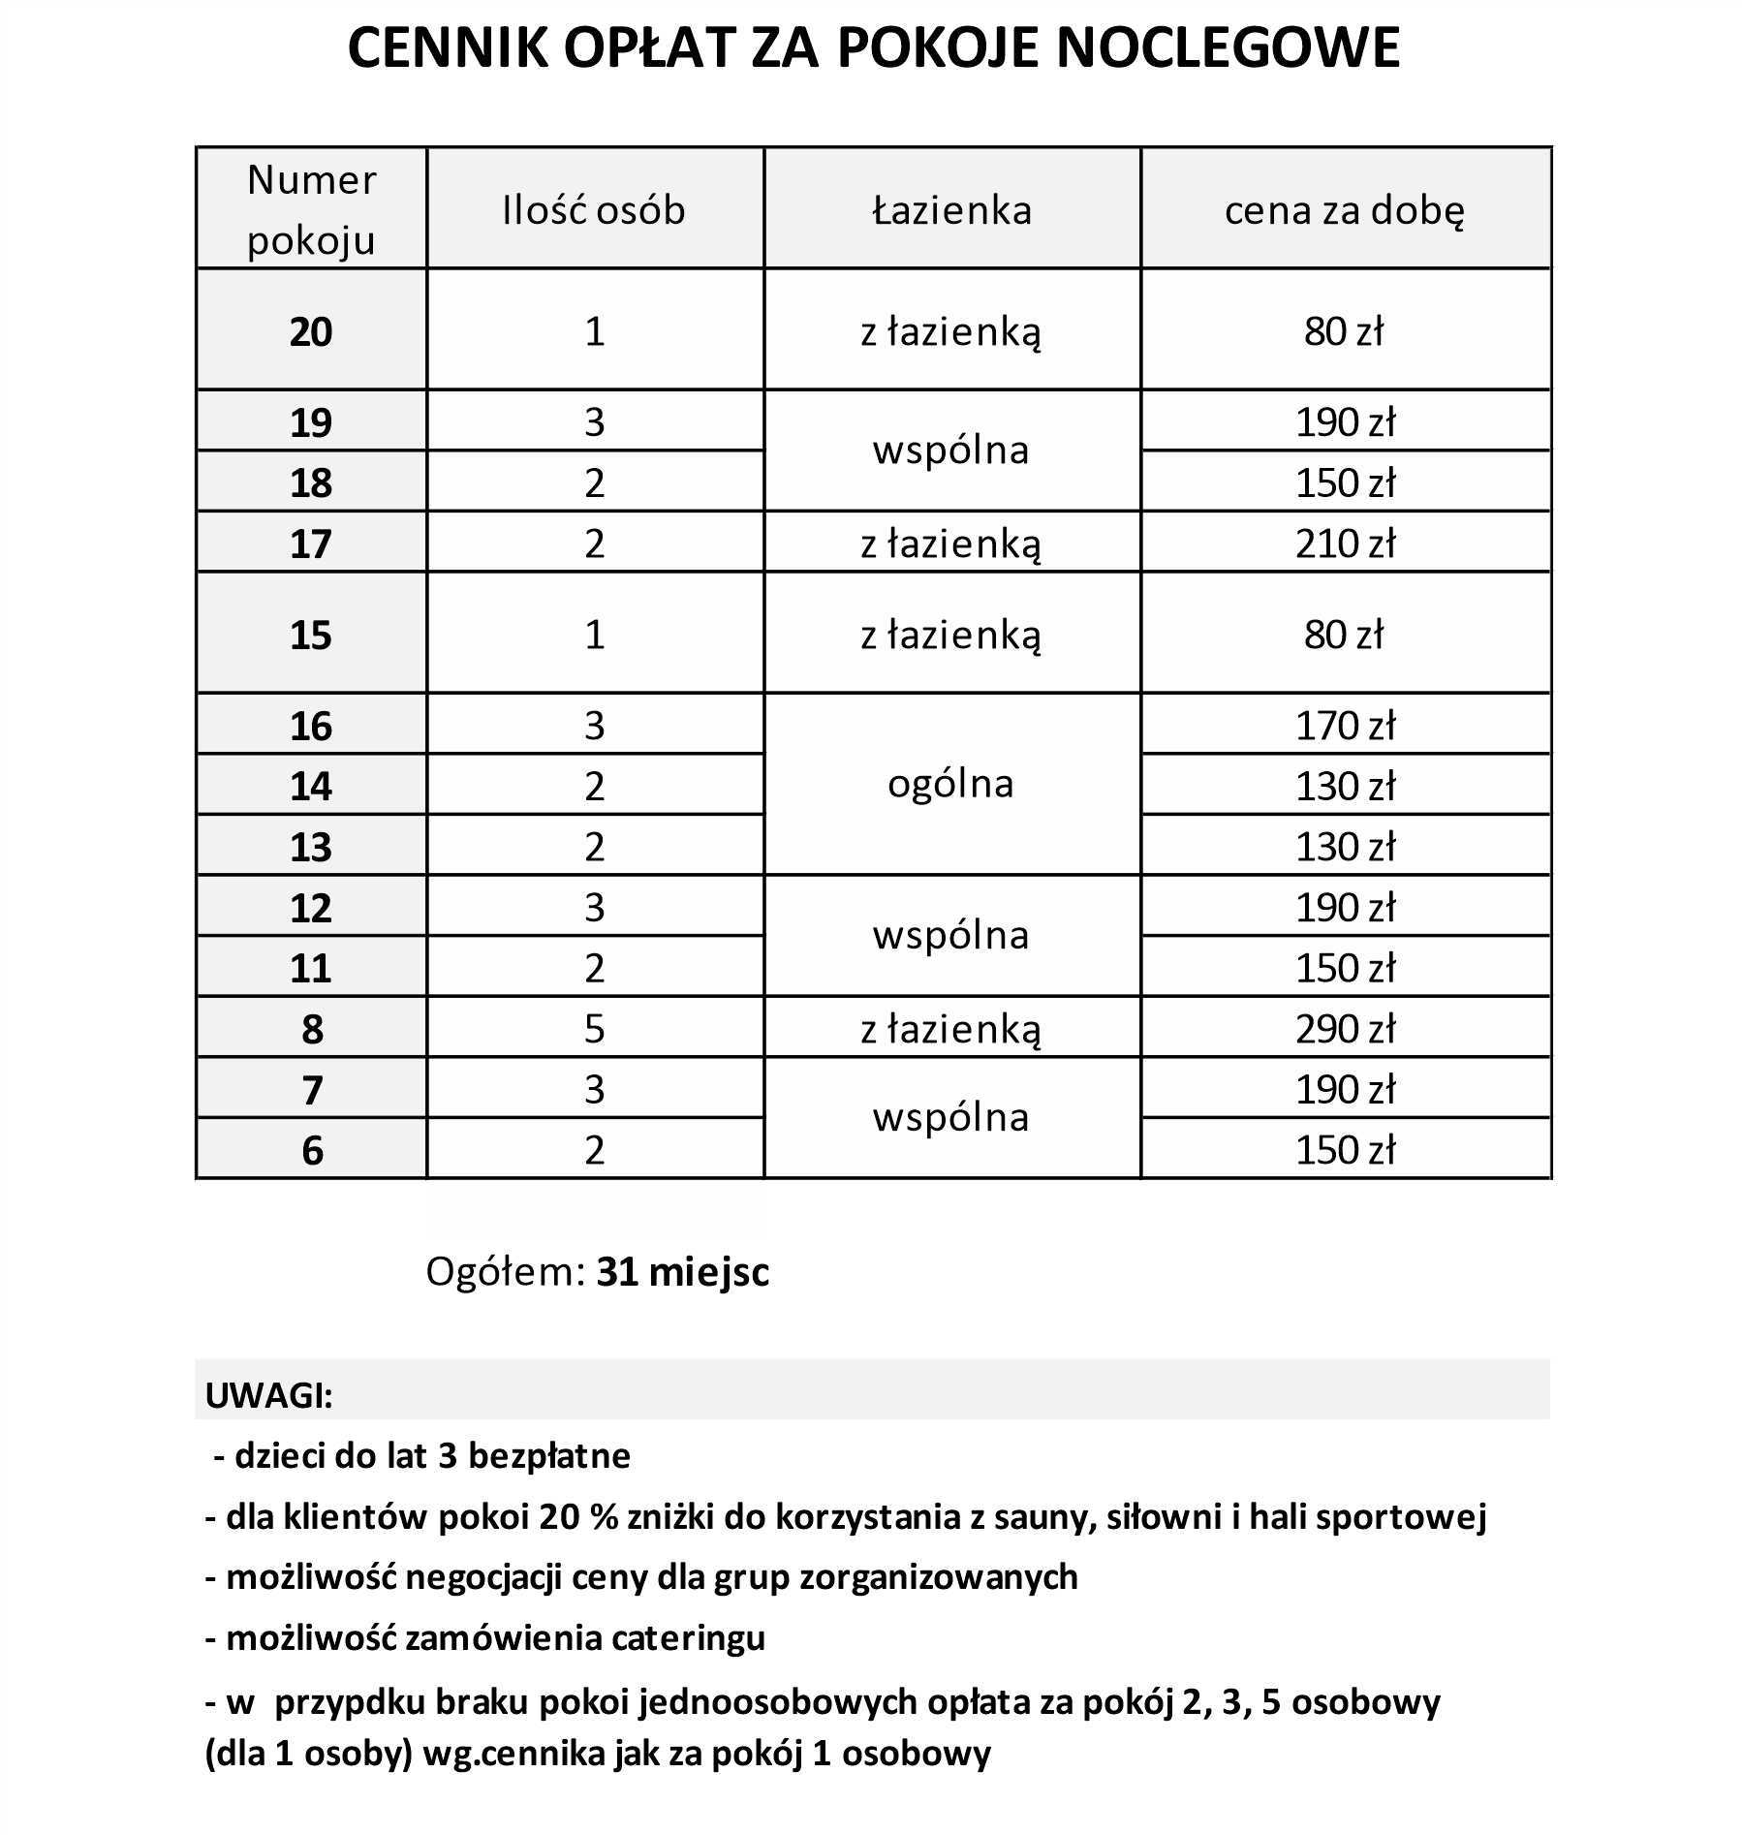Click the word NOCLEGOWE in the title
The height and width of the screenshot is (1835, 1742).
point(1228,47)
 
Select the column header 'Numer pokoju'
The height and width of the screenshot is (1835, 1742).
point(311,209)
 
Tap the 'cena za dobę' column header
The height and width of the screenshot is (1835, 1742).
point(1345,210)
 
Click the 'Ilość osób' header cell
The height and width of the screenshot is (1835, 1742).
point(594,210)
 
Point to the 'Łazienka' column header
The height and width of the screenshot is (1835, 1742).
point(951,210)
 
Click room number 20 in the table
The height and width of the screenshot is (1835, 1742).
point(311,331)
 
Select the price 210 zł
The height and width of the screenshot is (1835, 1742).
point(1345,544)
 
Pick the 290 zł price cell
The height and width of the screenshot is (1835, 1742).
point(1345,1028)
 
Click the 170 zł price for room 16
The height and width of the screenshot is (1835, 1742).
point(1345,725)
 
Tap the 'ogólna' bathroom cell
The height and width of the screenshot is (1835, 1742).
point(950,784)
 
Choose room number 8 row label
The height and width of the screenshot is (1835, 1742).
point(311,1029)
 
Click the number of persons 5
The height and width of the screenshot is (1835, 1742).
point(594,1028)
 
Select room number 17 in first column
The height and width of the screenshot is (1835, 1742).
point(311,544)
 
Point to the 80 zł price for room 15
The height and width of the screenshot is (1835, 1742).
point(1345,635)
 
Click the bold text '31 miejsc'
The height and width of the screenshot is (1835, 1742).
point(682,1271)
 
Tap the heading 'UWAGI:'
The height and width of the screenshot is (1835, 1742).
point(268,1396)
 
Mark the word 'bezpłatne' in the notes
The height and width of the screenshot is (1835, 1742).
point(548,1455)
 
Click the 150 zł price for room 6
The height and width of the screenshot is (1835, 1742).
point(1345,1150)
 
